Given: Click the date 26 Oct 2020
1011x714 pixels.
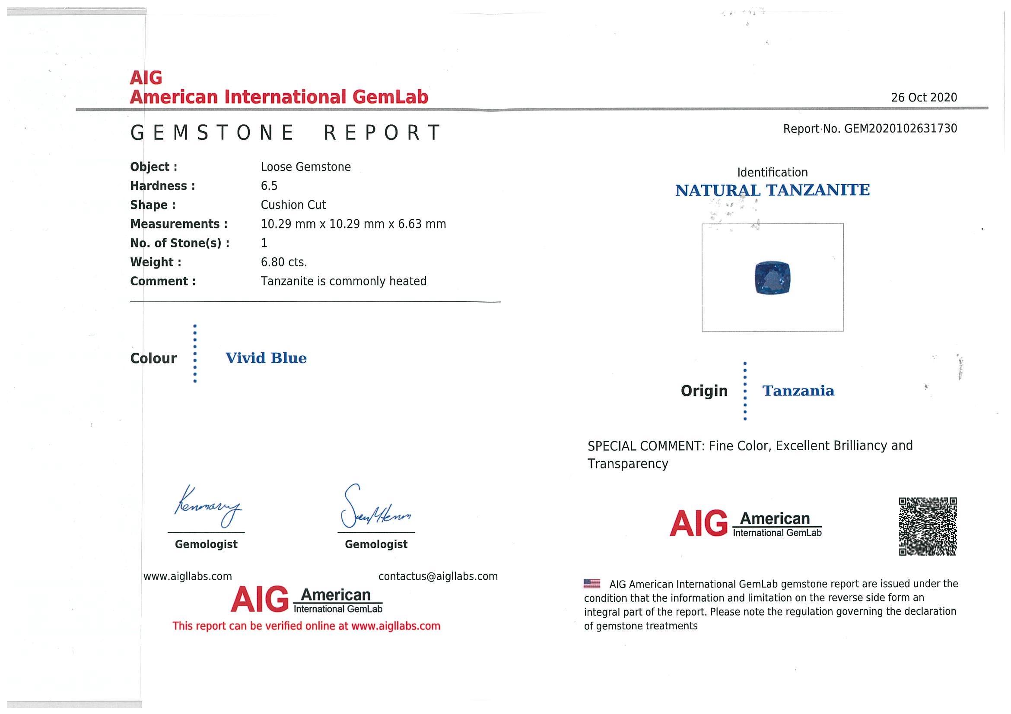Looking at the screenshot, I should pyautogui.click(x=924, y=97).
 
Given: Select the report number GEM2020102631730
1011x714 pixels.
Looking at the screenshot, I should pyautogui.click(x=900, y=129).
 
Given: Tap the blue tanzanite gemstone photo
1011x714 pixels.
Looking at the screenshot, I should pyautogui.click(x=773, y=278).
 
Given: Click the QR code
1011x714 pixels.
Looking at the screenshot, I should pyautogui.click(x=927, y=526).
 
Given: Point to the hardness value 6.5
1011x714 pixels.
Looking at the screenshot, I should pyautogui.click(x=269, y=186).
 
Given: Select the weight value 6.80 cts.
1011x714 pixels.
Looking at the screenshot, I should pyautogui.click(x=283, y=262).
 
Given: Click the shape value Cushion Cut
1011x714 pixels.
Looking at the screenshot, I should pyautogui.click(x=293, y=205).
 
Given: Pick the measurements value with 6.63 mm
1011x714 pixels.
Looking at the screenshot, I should pyautogui.click(x=353, y=224).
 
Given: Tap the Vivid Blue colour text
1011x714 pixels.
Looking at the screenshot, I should pyautogui.click(x=266, y=358).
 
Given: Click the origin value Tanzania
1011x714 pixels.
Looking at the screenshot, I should pyautogui.click(x=798, y=391).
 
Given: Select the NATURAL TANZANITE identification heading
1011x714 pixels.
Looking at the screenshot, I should pyautogui.click(x=773, y=190).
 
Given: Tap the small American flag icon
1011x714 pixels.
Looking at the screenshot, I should pyautogui.click(x=591, y=584).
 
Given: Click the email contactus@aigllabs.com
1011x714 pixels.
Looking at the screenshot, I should pyautogui.click(x=438, y=576).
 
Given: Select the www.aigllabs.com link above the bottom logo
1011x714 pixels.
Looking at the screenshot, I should pyautogui.click(x=188, y=576).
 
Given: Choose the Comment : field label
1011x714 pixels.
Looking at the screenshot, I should pyautogui.click(x=163, y=281).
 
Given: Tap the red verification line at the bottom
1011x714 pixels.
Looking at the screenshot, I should pyautogui.click(x=306, y=626).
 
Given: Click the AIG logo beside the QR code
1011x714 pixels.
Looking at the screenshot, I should pyautogui.click(x=745, y=524).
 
